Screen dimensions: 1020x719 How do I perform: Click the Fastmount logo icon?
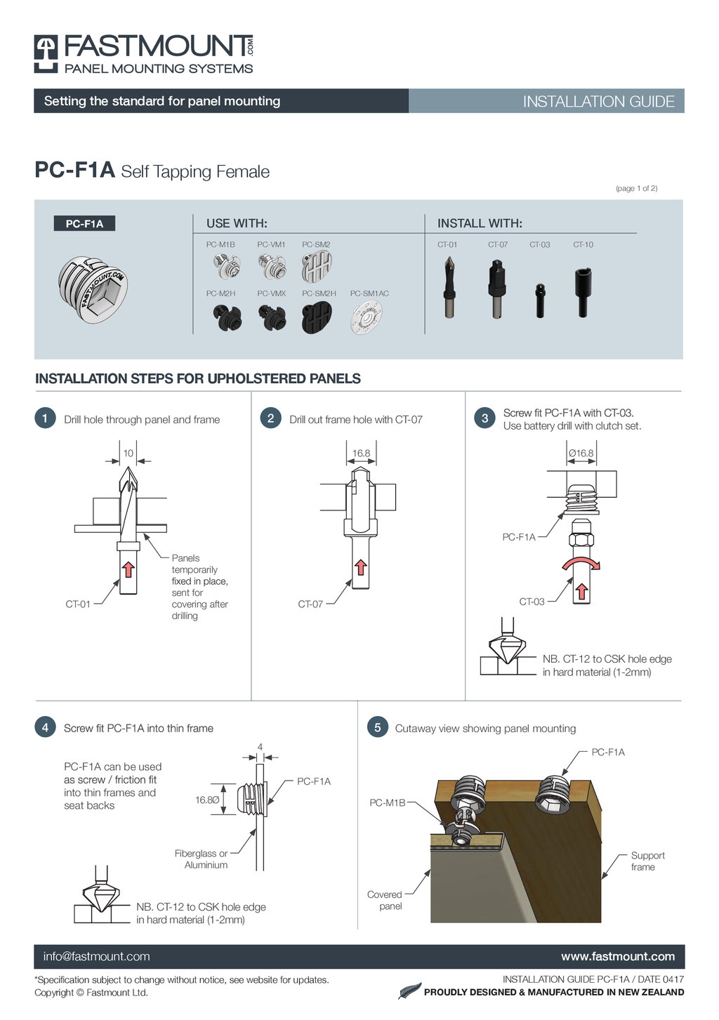click(x=46, y=53)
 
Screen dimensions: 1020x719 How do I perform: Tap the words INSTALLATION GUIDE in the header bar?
click(x=598, y=101)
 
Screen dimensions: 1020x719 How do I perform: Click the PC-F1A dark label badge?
click(x=84, y=223)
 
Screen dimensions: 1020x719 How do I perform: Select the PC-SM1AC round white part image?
click(x=366, y=317)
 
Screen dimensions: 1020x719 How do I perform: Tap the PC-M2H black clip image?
click(x=227, y=317)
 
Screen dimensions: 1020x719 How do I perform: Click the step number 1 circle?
click(x=45, y=418)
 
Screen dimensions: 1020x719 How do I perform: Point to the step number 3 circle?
click(x=484, y=418)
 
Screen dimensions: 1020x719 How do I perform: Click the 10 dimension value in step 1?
click(x=128, y=453)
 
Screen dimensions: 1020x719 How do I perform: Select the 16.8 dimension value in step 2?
click(x=362, y=453)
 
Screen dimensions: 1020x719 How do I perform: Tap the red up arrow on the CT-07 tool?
click(x=361, y=567)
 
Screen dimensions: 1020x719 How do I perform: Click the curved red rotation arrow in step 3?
click(x=581, y=563)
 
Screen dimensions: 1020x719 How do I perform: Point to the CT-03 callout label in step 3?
click(x=532, y=602)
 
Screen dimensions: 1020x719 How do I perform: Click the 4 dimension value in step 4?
click(x=260, y=747)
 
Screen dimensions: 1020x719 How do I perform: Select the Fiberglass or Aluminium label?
click(x=202, y=859)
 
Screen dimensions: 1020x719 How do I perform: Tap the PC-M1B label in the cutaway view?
click(x=387, y=802)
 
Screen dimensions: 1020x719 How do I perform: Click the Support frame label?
click(x=647, y=861)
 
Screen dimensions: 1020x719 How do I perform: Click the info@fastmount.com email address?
click(x=96, y=956)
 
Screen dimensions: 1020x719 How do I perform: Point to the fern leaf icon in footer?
click(x=409, y=991)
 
